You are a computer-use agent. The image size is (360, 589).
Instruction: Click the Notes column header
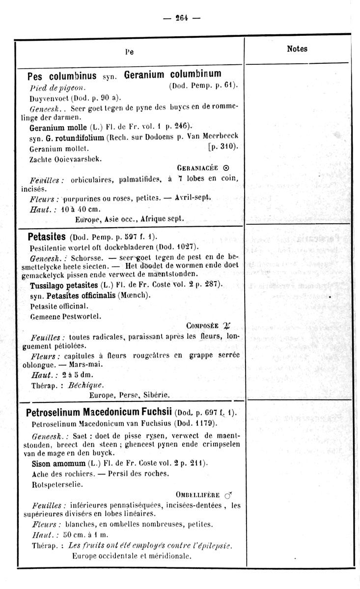(297, 49)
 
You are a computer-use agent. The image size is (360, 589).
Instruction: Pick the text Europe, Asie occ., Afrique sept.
(130, 218)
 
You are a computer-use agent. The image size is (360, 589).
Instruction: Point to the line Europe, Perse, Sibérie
(130, 394)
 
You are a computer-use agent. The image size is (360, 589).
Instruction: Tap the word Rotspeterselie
(56, 484)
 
